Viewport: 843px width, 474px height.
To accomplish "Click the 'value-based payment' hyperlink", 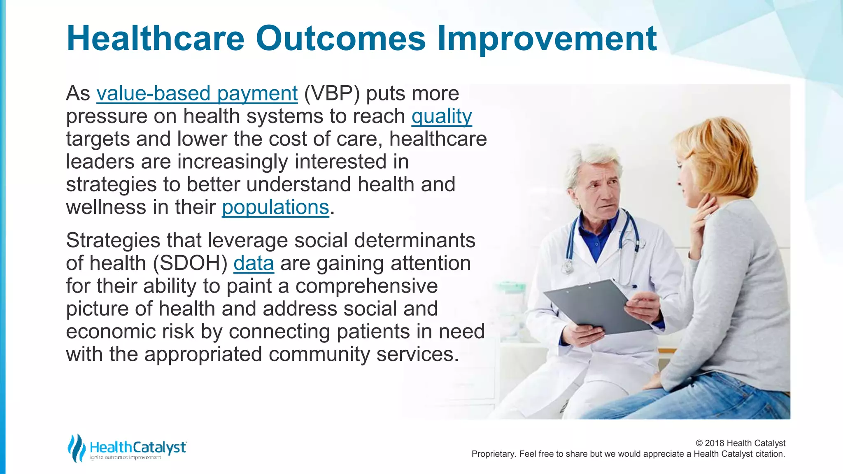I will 197,93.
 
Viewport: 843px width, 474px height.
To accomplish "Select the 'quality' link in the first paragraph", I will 441,116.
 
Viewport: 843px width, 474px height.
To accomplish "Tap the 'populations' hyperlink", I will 275,207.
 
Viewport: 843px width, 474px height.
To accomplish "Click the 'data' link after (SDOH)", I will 254,263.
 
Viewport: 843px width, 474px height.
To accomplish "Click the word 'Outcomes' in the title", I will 340,38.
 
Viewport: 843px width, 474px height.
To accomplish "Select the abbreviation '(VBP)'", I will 332,93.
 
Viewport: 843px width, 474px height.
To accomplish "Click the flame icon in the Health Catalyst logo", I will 76,448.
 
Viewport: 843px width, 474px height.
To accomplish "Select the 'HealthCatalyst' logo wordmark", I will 137,447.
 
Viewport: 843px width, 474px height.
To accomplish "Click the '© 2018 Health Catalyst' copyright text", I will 740,443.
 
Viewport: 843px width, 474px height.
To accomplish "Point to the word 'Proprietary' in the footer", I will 493,454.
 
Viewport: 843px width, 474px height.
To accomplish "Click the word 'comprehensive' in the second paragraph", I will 366,286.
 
